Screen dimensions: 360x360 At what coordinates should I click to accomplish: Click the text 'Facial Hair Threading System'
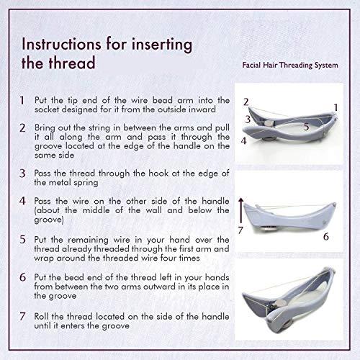[x=289, y=65]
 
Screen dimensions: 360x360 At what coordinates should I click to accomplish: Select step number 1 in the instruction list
[x=23, y=101]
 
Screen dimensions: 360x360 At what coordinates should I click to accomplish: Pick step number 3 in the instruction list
[x=23, y=174]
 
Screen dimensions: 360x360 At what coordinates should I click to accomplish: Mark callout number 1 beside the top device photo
[x=336, y=107]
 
